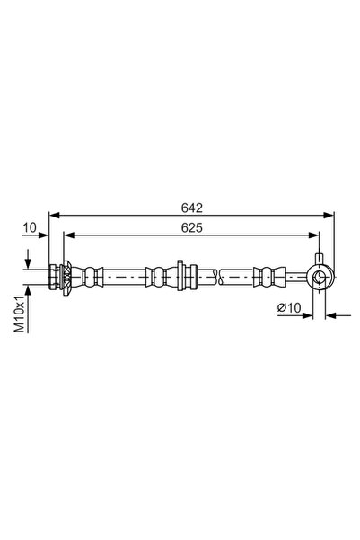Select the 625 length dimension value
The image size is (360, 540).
pyautogui.click(x=191, y=228)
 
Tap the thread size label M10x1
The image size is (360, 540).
pyautogui.click(x=20, y=315)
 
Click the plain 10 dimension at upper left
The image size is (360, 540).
pyautogui.click(x=31, y=228)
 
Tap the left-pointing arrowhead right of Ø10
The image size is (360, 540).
pyautogui.click(x=330, y=315)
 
